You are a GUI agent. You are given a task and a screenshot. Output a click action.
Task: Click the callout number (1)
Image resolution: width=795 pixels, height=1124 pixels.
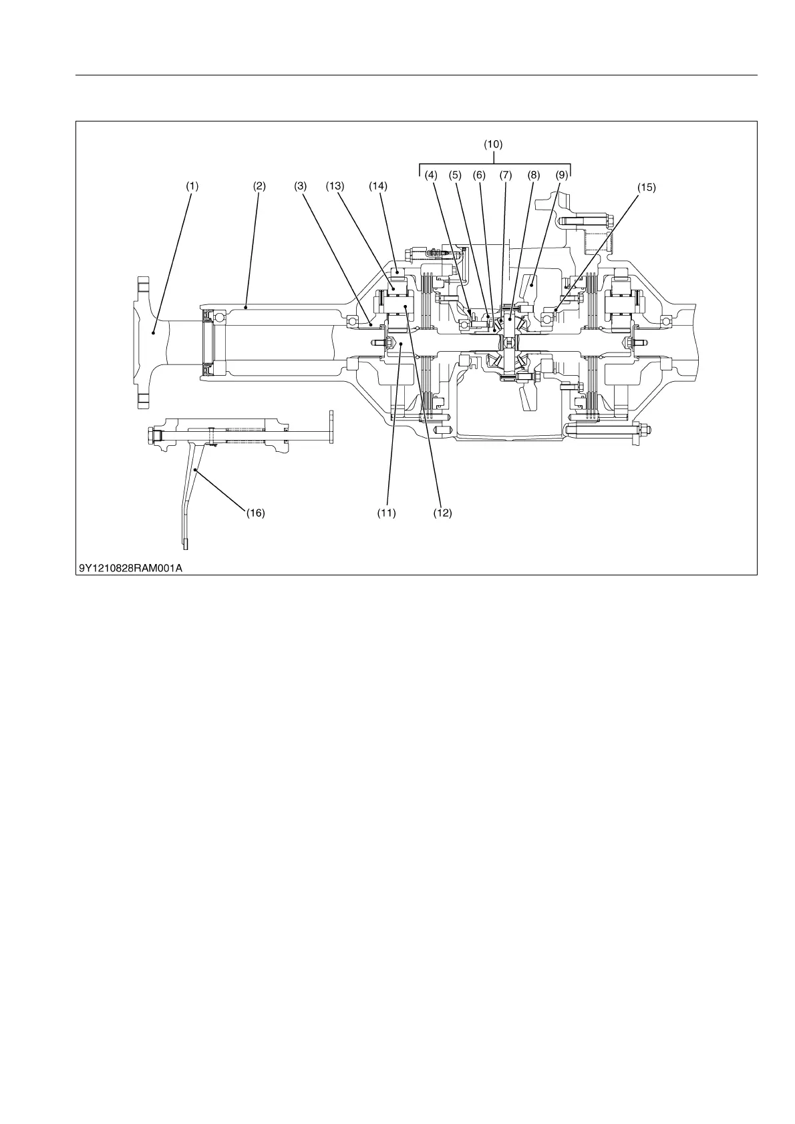[192, 187]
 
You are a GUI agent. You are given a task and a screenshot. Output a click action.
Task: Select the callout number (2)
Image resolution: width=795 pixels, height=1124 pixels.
[259, 187]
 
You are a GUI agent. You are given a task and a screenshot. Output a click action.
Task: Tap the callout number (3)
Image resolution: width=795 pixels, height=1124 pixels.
[300, 187]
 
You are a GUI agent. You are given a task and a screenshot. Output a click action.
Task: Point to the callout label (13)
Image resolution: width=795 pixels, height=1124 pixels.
[335, 187]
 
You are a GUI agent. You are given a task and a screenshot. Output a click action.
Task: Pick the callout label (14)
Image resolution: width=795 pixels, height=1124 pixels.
[378, 187]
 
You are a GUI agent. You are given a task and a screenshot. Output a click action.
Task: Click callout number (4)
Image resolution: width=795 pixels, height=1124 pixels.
[431, 176]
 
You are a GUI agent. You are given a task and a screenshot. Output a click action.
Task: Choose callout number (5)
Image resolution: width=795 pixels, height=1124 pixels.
[455, 176]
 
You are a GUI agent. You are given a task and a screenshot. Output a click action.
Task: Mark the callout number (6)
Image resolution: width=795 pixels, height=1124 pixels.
[479, 176]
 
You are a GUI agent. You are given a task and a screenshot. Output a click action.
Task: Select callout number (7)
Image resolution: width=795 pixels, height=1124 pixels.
[505, 176]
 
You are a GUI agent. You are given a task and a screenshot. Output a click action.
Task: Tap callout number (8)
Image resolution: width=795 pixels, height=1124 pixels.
[533, 176]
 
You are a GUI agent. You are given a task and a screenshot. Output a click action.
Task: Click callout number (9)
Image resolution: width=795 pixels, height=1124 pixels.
[561, 176]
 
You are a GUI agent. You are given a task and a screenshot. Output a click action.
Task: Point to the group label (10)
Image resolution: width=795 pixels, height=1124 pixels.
[493, 144]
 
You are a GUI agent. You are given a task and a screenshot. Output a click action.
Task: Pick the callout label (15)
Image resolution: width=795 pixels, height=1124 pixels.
[646, 188]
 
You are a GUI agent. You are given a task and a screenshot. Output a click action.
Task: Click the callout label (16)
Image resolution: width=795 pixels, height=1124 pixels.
[255, 513]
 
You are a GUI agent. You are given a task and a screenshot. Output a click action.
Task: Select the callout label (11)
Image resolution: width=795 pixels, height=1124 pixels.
[386, 513]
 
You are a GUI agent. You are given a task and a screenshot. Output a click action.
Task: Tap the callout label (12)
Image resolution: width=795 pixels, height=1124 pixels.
[442, 513]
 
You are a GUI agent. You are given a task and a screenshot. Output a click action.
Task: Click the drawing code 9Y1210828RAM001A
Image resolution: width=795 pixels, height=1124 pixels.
[130, 569]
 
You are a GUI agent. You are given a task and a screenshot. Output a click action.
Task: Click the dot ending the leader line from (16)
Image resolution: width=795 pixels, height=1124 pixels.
[195, 471]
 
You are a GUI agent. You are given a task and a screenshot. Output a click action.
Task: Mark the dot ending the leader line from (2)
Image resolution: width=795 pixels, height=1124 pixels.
[246, 308]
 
